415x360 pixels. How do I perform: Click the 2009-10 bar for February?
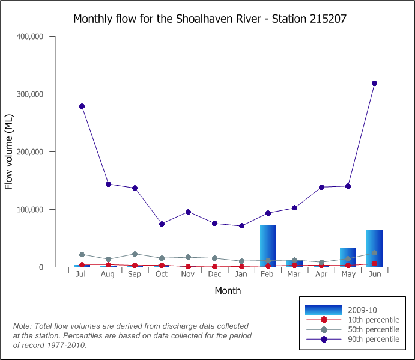pos(268,246)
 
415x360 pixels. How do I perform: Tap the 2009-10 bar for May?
pos(348,257)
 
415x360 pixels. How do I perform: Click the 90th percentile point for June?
pos(374,84)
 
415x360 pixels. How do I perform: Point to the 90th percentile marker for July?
pos(82,106)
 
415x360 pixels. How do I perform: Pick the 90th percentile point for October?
pos(162,224)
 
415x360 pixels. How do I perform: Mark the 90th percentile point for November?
pos(188,212)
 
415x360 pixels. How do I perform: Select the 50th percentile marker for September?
pos(135,254)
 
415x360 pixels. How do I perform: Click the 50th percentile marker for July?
pos(82,255)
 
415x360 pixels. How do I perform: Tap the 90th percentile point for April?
pos(321,188)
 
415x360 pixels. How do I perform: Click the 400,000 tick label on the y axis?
pos(28,37)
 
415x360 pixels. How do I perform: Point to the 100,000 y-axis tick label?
pos(28,210)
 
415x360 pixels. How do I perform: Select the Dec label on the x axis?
pos(214,275)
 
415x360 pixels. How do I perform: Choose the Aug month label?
pos(108,275)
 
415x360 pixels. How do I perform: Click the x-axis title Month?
pos(228,291)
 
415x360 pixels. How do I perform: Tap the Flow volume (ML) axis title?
pos(9,151)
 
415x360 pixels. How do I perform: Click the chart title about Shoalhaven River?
pos(210,19)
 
